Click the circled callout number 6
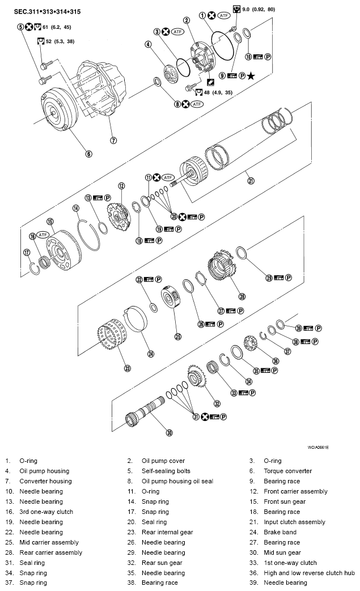click(x=88, y=153)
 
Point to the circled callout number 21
click(x=251, y=181)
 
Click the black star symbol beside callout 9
click(x=251, y=75)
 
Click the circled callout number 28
click(x=242, y=296)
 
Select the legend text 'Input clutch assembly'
click(x=294, y=522)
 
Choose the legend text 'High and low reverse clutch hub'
click(x=309, y=573)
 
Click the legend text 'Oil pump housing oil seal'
click(x=177, y=481)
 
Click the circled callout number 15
click(x=50, y=222)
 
